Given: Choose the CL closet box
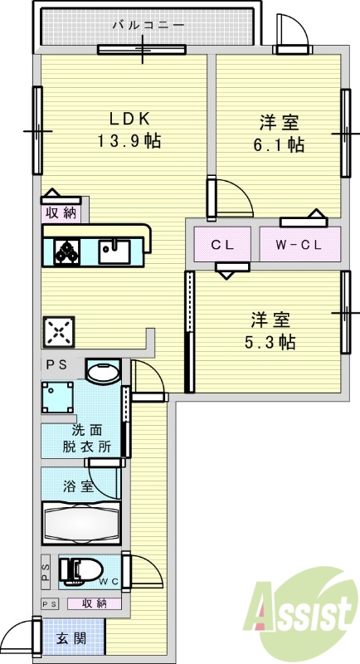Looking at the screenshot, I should pos(221,245).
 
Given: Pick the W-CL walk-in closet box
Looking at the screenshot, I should pos(297,245).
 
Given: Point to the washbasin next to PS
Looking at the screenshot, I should pos(102,372).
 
